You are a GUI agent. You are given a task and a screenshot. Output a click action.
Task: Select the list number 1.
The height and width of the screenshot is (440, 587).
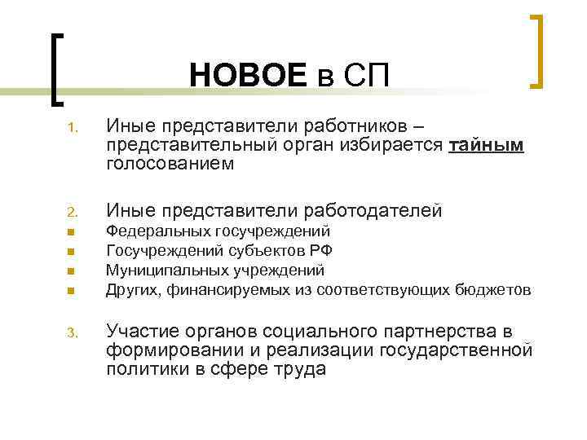[x=72, y=128]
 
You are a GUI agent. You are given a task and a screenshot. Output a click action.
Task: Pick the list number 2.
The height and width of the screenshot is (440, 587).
[x=72, y=213]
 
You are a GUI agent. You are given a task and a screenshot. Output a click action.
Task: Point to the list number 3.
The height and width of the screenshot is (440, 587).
[x=72, y=332]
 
